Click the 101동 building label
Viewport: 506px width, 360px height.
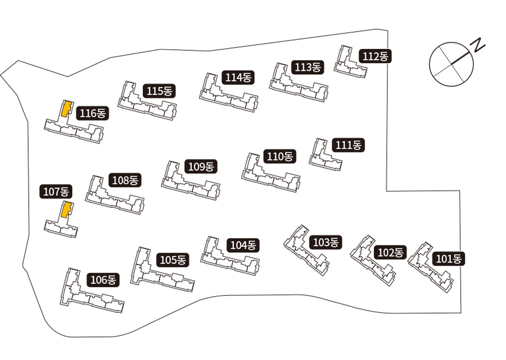448,258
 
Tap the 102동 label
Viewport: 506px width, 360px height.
390,252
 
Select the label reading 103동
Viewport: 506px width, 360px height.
325,242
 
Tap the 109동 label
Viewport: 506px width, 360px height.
201,166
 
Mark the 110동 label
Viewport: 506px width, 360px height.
280,156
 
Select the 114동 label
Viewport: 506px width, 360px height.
238,78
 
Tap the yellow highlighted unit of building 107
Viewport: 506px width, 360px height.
66,209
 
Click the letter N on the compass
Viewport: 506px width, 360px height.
479,44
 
